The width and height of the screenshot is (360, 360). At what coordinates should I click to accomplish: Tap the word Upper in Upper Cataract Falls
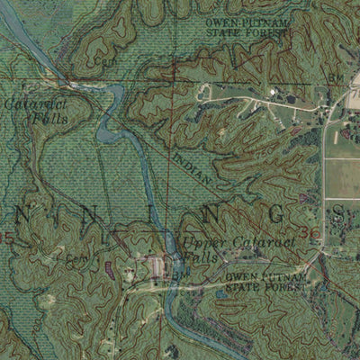click(x=197, y=242)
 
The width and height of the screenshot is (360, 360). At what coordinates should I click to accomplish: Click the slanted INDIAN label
click(x=191, y=167)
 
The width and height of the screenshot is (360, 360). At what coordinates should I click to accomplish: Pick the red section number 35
click(x=7, y=238)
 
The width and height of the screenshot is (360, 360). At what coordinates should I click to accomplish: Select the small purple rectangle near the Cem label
click(x=109, y=267)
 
